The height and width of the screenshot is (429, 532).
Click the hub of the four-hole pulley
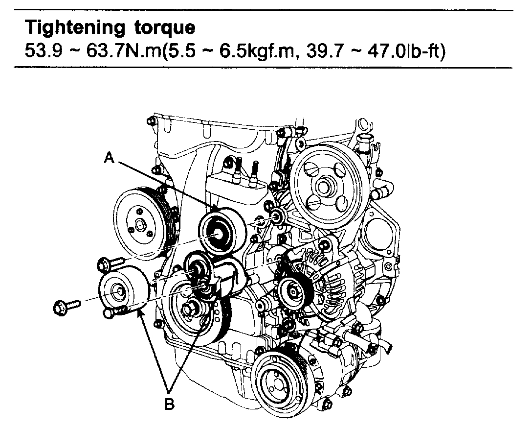tap(324, 187)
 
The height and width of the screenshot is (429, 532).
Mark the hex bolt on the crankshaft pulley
tap(189, 310)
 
